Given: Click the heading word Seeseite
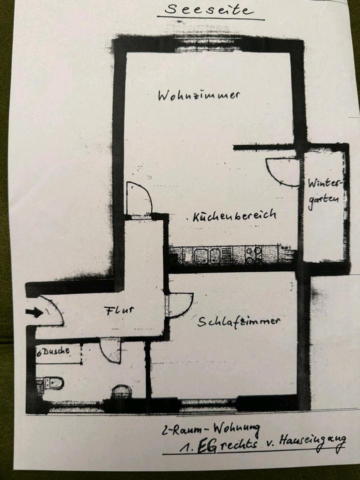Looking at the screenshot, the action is tap(210, 9).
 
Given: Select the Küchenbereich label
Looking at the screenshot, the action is tap(234, 215).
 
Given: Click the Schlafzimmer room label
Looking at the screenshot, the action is tap(238, 321).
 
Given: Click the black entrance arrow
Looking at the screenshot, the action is tap(34, 312).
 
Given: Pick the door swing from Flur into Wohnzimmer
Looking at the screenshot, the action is tap(138, 199).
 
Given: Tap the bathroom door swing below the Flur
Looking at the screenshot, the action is tap(110, 349).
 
